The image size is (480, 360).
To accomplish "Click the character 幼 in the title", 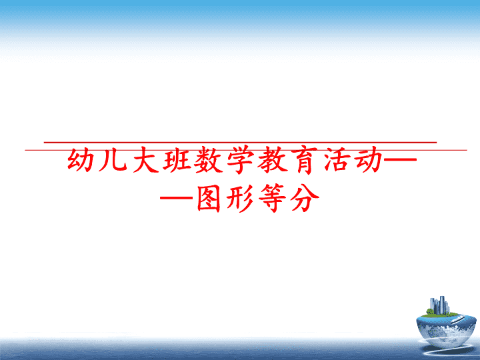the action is coord(81,160).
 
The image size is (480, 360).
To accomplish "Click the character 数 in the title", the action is coord(209,160).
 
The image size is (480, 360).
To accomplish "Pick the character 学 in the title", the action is coord(240,160).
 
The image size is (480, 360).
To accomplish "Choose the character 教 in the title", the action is coord(272,160).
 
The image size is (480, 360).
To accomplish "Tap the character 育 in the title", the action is coord(305,160).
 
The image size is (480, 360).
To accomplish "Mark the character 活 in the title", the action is coord(337,160).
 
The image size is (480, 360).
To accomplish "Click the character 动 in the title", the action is coord(369,160).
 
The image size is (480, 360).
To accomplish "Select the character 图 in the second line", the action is coord(209,198).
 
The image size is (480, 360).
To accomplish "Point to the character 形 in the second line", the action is coord(240,198).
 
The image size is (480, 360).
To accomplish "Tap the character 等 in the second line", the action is coord(272,198).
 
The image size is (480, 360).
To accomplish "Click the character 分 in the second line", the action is coord(304,198).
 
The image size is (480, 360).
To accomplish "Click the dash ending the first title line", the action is coord(400,159).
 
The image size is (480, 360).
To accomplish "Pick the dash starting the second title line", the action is coord(177,198).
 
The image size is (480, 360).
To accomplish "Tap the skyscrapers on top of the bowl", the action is coord(439,305).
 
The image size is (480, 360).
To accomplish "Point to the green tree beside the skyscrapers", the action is coord(430,311).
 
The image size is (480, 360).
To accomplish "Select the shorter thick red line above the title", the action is coord(240,143).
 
